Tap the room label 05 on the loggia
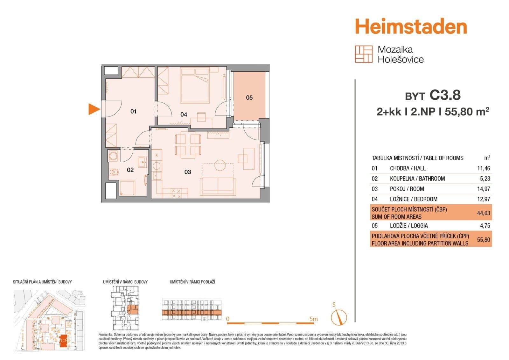tap(249, 97)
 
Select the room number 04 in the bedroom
tap(184, 115)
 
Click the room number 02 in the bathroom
tap(130, 170)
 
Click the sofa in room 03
tap(218, 187)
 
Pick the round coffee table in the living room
tap(220, 165)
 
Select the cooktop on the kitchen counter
tap(176, 193)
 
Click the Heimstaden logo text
tap(411, 26)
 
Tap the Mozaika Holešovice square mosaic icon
tap(364, 54)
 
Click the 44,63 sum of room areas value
tap(484, 213)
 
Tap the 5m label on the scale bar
tap(313, 319)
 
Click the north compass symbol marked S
tap(338, 316)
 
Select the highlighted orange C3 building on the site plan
tap(64, 340)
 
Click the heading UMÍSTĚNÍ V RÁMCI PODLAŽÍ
tap(192, 282)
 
